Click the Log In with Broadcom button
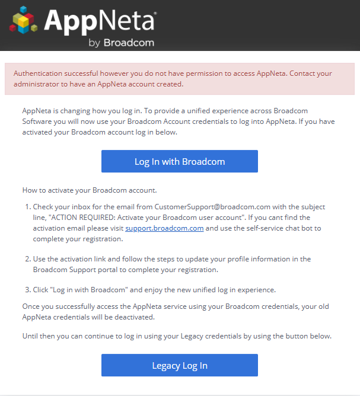point(179,161)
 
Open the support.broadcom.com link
point(165,228)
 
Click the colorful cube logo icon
point(24,22)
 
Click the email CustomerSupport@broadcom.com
point(212,207)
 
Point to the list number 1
point(27,207)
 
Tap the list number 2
point(27,259)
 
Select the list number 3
point(27,290)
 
